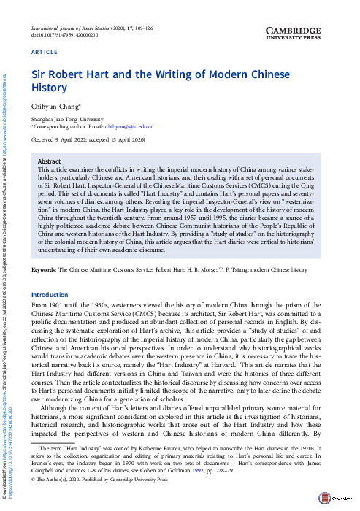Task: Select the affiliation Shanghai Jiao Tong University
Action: (61, 118)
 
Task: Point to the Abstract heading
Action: (50, 161)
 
